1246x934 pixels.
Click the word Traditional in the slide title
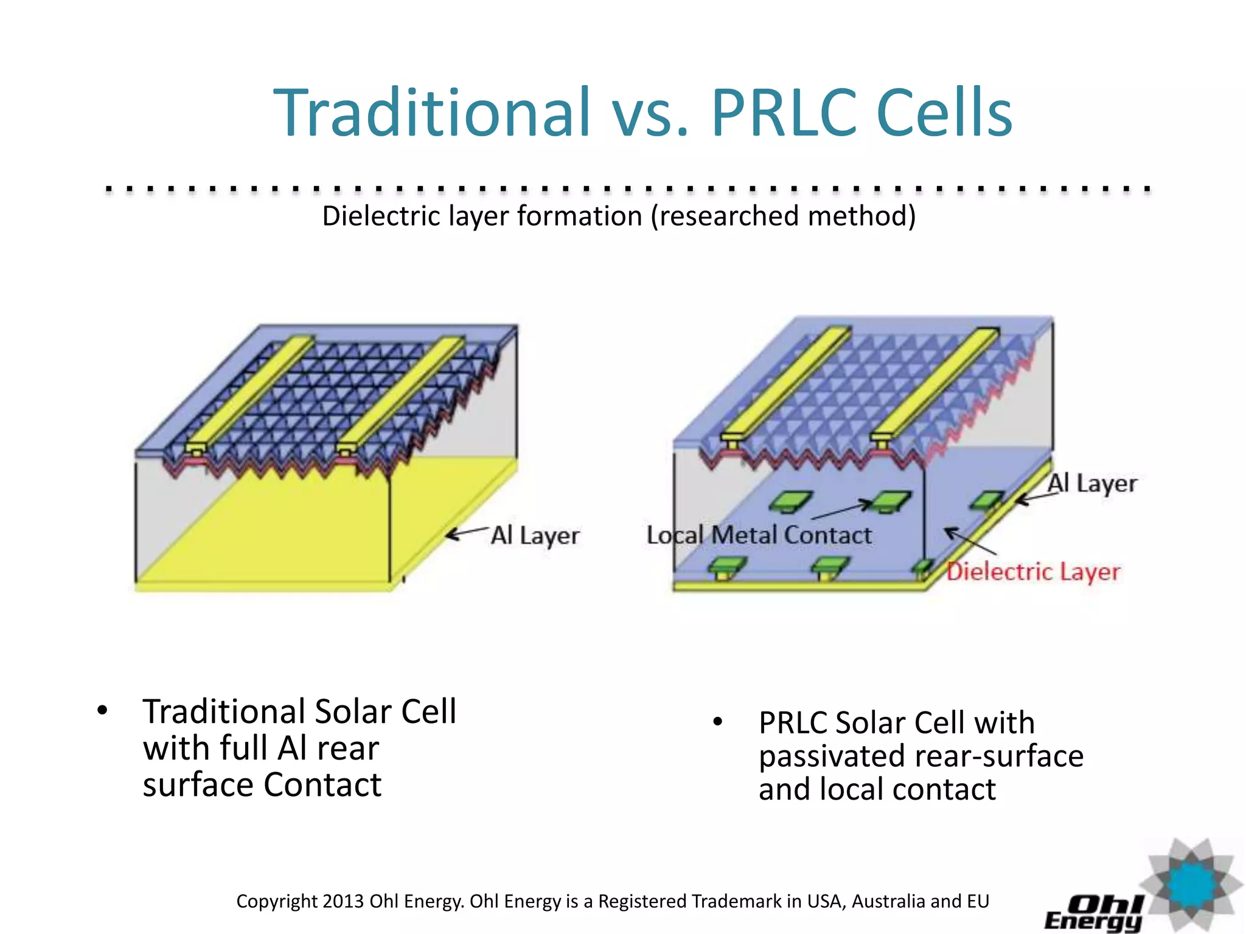point(432,113)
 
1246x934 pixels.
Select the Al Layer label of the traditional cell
point(535,536)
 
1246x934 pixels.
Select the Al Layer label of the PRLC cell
point(1092,484)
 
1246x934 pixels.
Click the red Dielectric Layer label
point(1034,572)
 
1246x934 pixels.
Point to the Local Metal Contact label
point(759,535)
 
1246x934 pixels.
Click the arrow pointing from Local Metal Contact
point(843,511)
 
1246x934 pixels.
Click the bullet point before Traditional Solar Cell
point(102,710)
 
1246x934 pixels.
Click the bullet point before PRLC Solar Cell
point(718,722)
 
